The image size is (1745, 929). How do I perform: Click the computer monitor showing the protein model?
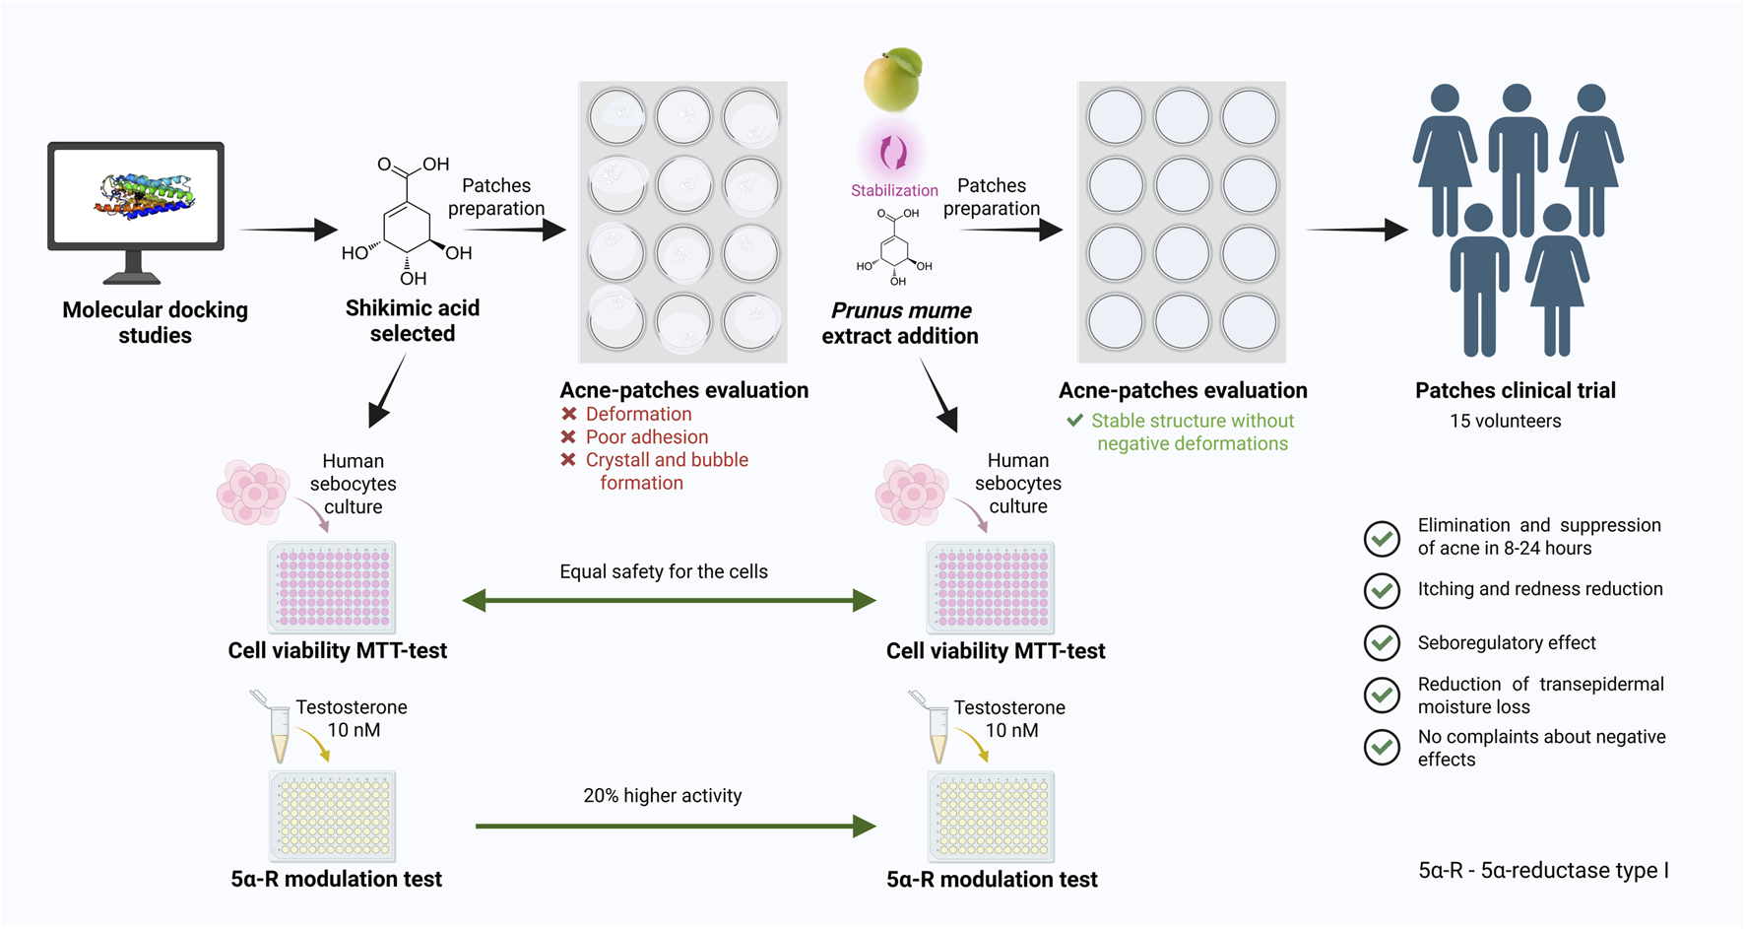click(x=136, y=202)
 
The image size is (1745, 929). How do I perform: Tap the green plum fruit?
click(x=892, y=81)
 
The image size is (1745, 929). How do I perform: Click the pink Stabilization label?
click(x=894, y=190)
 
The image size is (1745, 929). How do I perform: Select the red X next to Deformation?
click(x=569, y=414)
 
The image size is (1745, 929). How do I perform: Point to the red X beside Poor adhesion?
click(x=569, y=436)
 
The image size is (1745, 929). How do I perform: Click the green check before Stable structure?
click(x=1074, y=421)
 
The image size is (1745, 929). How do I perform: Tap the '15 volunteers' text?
click(x=1505, y=421)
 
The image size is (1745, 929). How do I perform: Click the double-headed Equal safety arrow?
click(x=669, y=600)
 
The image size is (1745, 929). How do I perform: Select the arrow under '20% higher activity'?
click(x=675, y=826)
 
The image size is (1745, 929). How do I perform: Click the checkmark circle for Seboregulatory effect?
click(x=1382, y=643)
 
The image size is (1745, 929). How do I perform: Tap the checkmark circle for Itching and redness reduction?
click(x=1382, y=590)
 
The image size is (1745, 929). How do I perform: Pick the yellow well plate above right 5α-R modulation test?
click(x=991, y=817)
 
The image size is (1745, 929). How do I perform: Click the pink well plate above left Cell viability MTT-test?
click(x=332, y=587)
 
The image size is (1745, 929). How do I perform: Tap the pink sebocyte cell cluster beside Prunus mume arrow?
click(x=910, y=492)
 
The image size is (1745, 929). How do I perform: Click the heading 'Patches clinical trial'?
click(x=1515, y=390)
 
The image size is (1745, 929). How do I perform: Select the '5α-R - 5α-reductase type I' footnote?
click(x=1543, y=870)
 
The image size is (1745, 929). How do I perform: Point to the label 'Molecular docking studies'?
click(x=155, y=322)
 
